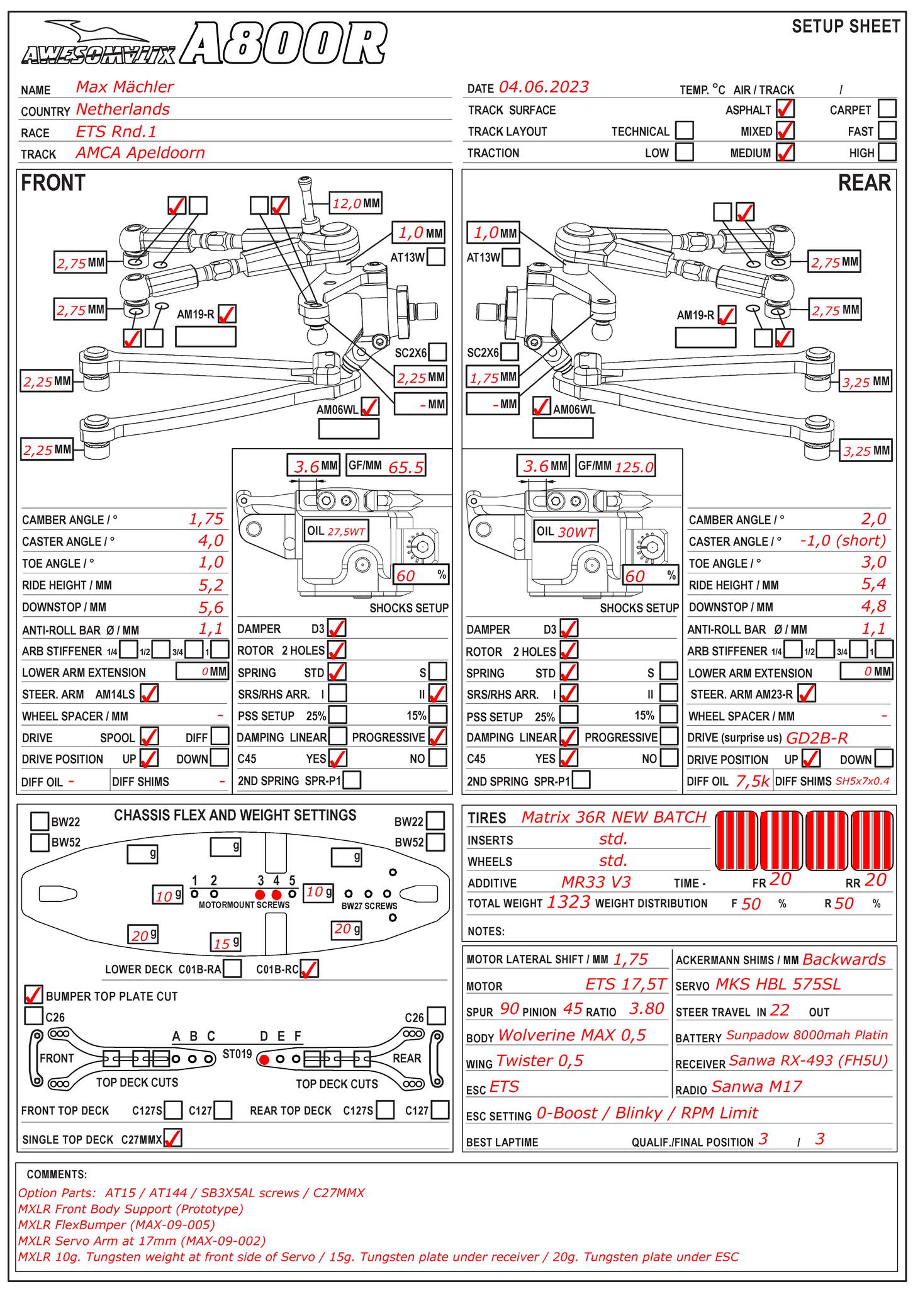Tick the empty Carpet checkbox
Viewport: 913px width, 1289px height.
pyautogui.click(x=887, y=109)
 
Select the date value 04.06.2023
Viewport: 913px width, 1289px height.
pyautogui.click(x=544, y=87)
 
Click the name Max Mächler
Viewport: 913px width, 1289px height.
pyautogui.click(x=125, y=87)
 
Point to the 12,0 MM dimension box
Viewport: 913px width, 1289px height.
pyautogui.click(x=356, y=203)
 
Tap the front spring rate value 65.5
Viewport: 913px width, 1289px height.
pyautogui.click(x=406, y=467)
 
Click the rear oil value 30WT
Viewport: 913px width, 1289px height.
pyautogui.click(x=576, y=532)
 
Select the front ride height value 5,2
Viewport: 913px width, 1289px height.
pyautogui.click(x=211, y=585)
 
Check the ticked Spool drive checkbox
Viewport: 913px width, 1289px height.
pyautogui.click(x=149, y=737)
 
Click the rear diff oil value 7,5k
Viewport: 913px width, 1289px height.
pyautogui.click(x=753, y=781)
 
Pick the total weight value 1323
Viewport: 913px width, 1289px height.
pyautogui.click(x=568, y=903)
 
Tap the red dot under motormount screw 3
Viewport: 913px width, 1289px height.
pyautogui.click(x=260, y=894)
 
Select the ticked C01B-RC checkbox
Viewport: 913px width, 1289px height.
pyautogui.click(x=310, y=969)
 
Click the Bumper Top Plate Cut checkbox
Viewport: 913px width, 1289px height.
pyautogui.click(x=33, y=995)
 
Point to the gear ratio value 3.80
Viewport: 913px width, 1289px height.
pyautogui.click(x=646, y=1009)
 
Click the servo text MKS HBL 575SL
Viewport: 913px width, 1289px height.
pyautogui.click(x=778, y=984)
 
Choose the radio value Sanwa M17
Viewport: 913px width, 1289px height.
pyautogui.click(x=756, y=1087)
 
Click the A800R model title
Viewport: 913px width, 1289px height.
pyautogui.click(x=286, y=44)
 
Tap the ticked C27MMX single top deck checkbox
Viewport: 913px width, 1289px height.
pyautogui.click(x=172, y=1138)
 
